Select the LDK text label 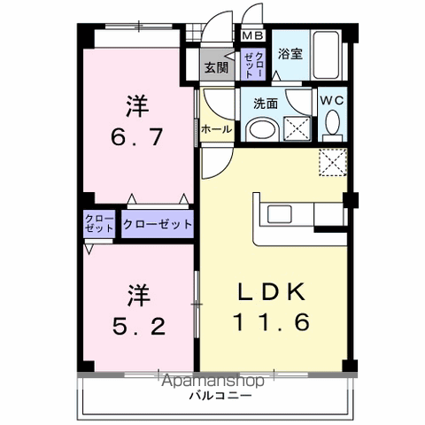(271, 292)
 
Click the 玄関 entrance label (215, 66)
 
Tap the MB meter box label (252, 36)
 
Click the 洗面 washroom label (266, 103)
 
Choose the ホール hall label (217, 129)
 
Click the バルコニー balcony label (212, 395)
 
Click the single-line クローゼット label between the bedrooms (158, 224)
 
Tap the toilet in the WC (332, 129)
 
